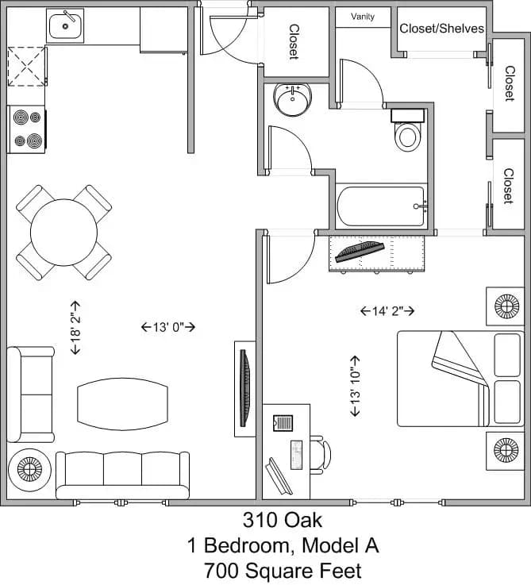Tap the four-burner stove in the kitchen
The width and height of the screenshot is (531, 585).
[x=26, y=129]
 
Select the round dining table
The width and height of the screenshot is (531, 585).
[x=63, y=233]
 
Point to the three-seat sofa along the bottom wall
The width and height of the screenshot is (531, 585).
[x=123, y=474]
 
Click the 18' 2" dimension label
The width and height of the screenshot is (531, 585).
[x=75, y=327]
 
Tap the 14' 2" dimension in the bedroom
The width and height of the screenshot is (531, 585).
[x=387, y=311]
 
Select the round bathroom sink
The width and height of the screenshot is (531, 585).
[x=292, y=101]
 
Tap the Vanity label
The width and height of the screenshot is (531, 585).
[x=363, y=17]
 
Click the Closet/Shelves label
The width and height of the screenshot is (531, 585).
[x=441, y=29]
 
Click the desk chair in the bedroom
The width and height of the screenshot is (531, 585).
[x=319, y=453]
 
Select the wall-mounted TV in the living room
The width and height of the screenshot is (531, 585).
[x=245, y=388]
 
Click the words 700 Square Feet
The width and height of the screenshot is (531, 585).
[x=283, y=570]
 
